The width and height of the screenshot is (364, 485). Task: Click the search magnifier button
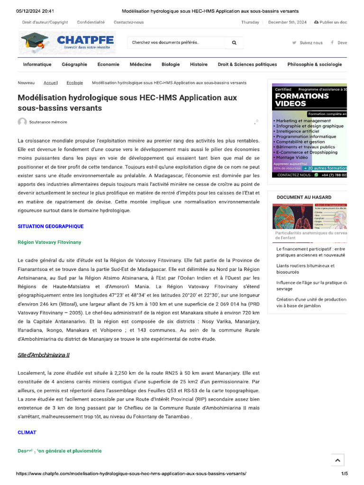234,43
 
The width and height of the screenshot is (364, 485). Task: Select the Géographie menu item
74,64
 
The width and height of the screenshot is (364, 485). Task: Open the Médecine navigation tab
140,64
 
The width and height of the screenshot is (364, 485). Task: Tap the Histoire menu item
199,64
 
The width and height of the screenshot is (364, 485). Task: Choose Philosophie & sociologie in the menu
314,64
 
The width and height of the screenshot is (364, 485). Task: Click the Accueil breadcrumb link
51,83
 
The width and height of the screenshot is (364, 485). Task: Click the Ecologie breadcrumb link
75,83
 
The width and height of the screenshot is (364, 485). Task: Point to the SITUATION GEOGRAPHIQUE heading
51,226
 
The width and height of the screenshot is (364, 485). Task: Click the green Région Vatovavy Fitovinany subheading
49,242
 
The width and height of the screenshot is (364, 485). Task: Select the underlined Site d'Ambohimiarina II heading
44,355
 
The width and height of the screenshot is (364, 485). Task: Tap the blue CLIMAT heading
27,432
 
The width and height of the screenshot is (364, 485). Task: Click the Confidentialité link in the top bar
91,22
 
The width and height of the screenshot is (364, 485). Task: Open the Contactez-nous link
128,22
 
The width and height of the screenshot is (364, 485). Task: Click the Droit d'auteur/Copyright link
45,22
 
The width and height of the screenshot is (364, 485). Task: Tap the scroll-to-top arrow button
337,460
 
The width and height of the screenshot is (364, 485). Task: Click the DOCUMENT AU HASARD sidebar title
304,197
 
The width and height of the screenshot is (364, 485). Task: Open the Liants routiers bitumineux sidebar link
305,269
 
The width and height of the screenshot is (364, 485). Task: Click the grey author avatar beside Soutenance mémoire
22,122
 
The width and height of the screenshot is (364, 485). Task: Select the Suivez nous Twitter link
308,43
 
